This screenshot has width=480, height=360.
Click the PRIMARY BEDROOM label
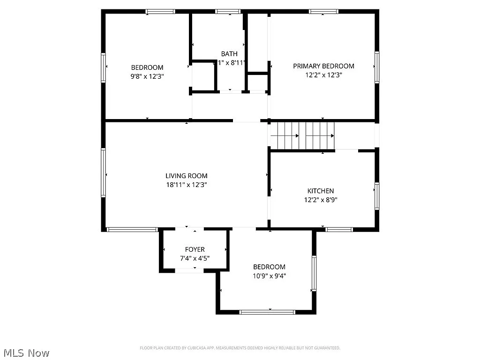[323, 66]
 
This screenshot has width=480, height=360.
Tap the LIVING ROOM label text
[186, 176]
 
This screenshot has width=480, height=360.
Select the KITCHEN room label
[321, 191]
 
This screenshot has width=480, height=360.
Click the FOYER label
[195, 249]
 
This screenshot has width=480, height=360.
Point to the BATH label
[229, 54]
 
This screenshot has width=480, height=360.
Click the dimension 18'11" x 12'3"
[186, 185]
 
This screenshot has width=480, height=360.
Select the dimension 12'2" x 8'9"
[321, 199]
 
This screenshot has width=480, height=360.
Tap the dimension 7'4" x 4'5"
[195, 258]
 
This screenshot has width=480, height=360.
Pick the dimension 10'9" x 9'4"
[269, 276]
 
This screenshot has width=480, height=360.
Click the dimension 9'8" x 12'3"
[147, 76]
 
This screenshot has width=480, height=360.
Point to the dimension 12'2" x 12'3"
[323, 75]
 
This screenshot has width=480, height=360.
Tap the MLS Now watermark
[26, 352]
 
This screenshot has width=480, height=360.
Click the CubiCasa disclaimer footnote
[240, 348]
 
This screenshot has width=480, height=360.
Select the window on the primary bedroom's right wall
[376, 67]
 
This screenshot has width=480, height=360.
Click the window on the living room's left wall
[103, 172]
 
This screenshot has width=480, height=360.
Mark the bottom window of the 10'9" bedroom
[267, 312]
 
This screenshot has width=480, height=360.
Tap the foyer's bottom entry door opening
[189, 270]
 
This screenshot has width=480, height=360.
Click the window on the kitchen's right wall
[376, 195]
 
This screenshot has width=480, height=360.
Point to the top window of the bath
[228, 11]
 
